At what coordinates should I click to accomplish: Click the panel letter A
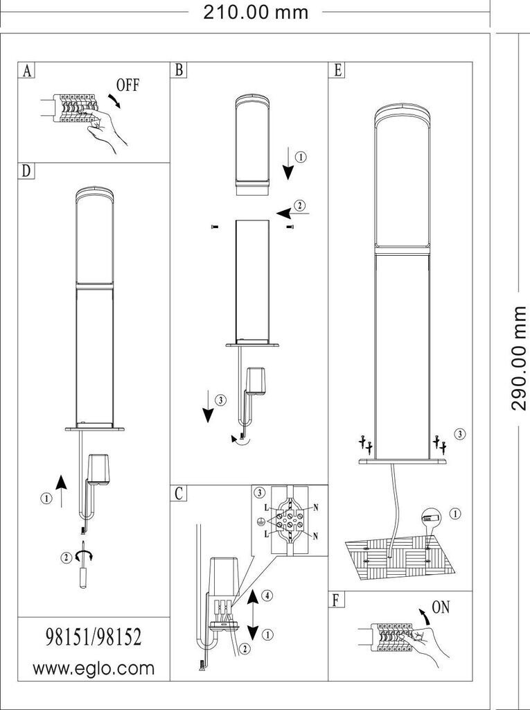coord(27,71)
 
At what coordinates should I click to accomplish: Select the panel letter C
coord(179,494)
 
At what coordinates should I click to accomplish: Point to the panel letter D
coord(27,171)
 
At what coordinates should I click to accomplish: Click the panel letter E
coord(337,71)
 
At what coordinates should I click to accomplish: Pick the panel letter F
coord(336,600)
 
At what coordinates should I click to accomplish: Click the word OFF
coord(128,85)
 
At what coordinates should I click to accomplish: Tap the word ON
coord(441,607)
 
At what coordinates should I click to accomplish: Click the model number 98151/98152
coord(94,637)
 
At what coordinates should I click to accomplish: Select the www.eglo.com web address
coord(94,668)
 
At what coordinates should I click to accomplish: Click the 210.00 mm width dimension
coord(256,12)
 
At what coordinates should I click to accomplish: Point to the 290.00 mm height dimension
coord(519,358)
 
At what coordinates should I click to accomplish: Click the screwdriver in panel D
coord(83,564)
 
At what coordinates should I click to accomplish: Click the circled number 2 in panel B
coord(299,205)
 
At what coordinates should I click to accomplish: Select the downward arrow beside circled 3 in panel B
coord(208,406)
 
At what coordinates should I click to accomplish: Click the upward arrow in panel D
coord(61,491)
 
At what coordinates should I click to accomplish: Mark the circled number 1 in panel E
coord(455,514)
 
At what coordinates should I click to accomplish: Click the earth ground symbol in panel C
coord(260,521)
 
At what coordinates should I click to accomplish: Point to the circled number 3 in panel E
coord(459,434)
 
